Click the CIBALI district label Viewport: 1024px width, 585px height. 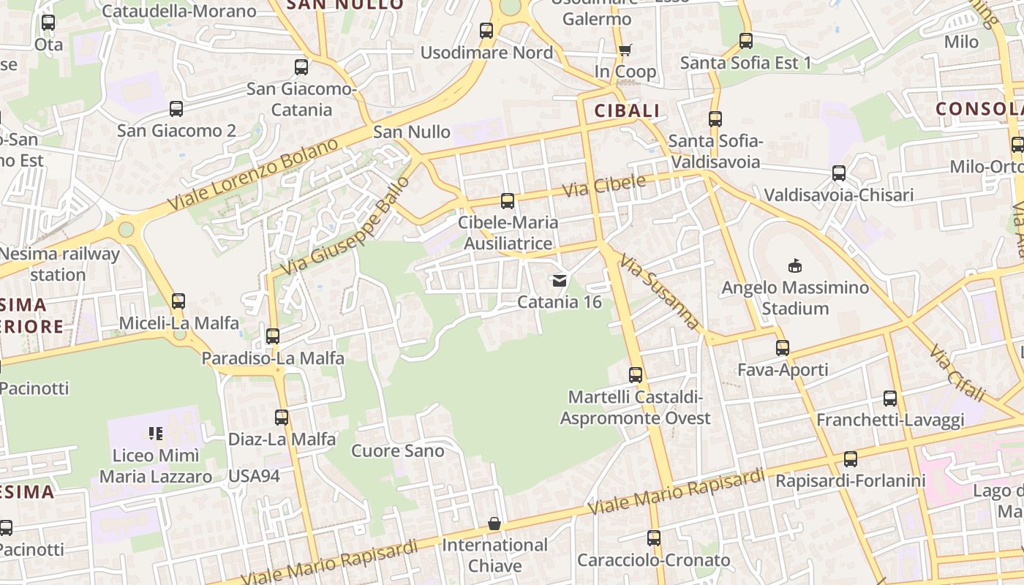[x=627, y=111]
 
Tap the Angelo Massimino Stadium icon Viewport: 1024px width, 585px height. [x=795, y=265]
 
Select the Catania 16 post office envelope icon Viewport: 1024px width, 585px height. [x=560, y=280]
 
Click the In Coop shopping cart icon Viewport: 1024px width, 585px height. [x=625, y=50]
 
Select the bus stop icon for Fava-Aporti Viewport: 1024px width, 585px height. [x=783, y=348]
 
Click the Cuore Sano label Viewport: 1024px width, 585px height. [x=398, y=450]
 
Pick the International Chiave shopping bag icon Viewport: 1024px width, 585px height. [x=494, y=524]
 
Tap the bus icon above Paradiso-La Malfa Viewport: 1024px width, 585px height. [x=273, y=336]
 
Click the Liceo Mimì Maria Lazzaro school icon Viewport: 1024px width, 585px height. [x=155, y=434]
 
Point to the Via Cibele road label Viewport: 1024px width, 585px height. [x=604, y=186]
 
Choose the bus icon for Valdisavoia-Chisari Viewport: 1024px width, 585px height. [x=839, y=173]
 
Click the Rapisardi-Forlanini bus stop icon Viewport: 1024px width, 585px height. [x=850, y=459]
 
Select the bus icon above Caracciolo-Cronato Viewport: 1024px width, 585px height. [x=654, y=538]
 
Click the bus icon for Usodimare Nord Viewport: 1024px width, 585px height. [x=486, y=31]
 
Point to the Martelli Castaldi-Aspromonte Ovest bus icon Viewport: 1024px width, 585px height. [x=636, y=375]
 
